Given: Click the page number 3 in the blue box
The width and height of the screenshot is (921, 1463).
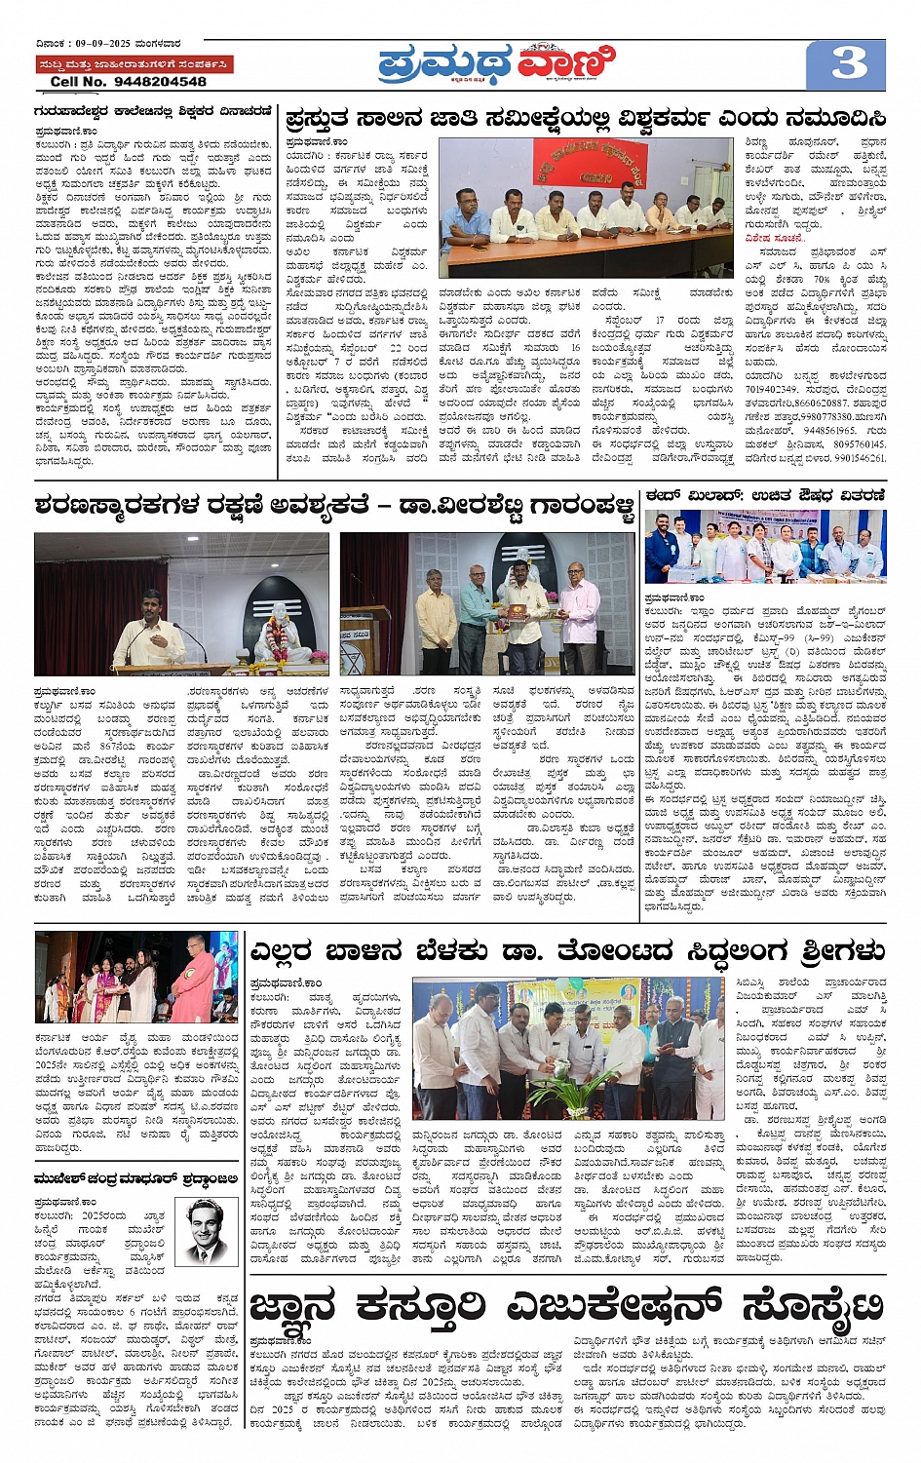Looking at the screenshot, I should point(848,64).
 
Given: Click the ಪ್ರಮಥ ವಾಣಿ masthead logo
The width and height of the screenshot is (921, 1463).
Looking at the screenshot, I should point(497,64).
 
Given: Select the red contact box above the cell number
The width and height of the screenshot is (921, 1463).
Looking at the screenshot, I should point(134,64).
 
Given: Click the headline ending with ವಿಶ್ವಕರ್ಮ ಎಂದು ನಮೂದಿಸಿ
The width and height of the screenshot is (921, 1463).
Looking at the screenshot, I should point(586,119).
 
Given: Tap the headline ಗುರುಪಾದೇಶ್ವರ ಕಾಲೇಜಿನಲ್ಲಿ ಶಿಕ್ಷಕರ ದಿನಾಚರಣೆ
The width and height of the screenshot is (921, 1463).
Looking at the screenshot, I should point(153,112).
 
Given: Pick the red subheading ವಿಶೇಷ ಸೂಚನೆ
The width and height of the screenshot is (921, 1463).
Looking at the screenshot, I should point(774,238).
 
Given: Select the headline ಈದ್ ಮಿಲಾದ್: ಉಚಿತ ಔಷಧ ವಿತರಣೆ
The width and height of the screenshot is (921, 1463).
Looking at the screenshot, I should point(765,495).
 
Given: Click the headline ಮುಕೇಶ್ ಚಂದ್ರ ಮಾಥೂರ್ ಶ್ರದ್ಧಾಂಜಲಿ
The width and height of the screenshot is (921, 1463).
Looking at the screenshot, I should point(135,1178).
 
